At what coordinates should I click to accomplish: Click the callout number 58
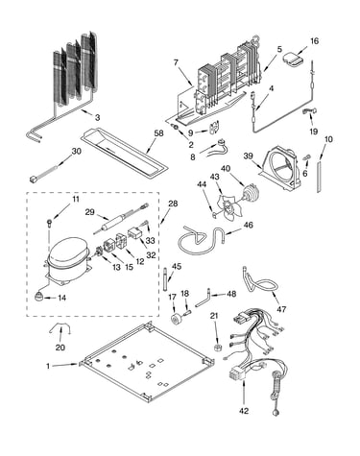click(x=158, y=133)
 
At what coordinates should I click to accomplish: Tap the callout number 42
click(x=244, y=411)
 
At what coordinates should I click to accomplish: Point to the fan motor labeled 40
click(x=250, y=195)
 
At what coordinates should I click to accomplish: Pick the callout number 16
click(x=314, y=41)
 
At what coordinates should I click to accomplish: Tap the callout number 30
click(x=76, y=151)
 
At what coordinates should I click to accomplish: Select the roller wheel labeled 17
click(x=176, y=320)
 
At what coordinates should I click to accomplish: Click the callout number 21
click(x=214, y=316)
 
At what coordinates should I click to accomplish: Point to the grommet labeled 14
click(x=39, y=297)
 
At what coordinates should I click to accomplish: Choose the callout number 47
click(x=281, y=309)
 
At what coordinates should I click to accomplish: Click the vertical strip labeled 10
click(x=319, y=177)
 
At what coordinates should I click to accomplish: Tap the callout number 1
click(x=48, y=366)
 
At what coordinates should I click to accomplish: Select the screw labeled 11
click(x=49, y=223)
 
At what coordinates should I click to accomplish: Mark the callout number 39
click(x=248, y=156)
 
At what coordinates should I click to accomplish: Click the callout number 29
click(x=90, y=211)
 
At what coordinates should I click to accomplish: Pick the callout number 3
click(x=97, y=117)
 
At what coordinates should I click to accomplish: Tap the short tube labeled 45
click(x=166, y=279)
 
